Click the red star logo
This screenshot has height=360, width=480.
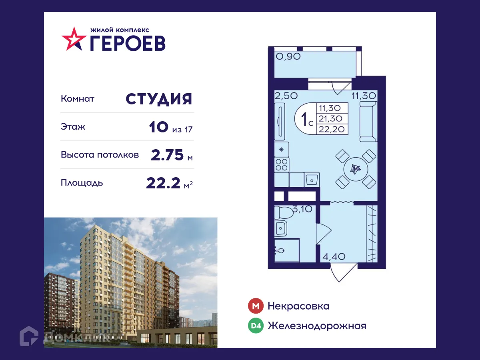[x=74, y=39]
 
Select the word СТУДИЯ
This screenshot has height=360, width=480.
[x=159, y=99]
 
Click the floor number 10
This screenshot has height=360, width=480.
[x=158, y=128]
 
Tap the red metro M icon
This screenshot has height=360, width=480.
[x=256, y=306]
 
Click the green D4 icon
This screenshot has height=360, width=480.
[x=256, y=326]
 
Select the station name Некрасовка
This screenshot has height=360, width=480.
[x=298, y=306]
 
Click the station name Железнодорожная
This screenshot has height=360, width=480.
[x=317, y=326]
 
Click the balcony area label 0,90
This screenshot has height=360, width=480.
[x=288, y=57]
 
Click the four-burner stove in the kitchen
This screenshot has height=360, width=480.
[x=282, y=165]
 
